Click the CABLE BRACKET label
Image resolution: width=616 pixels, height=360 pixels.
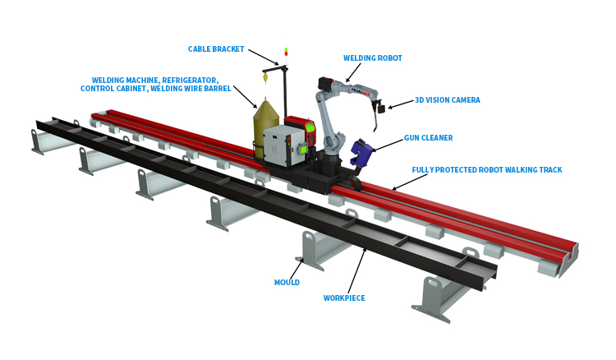click(216, 49)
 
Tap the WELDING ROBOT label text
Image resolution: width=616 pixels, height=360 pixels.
click(372, 58)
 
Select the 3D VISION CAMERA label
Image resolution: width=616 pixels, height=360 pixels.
click(447, 100)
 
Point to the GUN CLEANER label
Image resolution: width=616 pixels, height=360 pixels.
click(428, 138)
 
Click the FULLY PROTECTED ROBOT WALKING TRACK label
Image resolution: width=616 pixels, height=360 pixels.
click(486, 170)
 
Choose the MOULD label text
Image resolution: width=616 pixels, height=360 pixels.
click(287, 282)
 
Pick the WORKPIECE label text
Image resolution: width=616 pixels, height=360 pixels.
click(344, 298)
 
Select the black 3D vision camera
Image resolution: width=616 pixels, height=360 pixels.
click(379, 108)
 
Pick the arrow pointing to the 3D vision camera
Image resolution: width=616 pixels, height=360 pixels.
click(399, 104)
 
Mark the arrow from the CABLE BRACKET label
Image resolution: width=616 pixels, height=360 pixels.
click(263, 57)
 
